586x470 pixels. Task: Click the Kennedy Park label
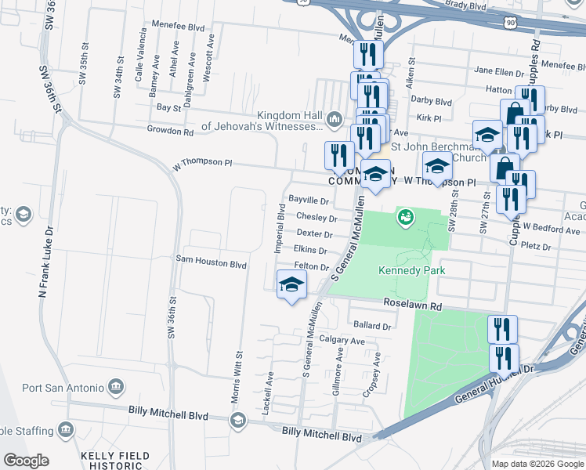click(411, 271)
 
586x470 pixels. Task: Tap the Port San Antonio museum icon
click(117, 387)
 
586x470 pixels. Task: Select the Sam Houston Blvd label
click(212, 265)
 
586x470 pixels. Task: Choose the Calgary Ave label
click(342, 342)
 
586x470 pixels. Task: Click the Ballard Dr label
click(371, 325)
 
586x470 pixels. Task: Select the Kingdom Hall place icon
click(335, 119)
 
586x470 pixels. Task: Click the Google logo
click(26, 461)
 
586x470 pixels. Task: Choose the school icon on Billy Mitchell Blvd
click(237, 421)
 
